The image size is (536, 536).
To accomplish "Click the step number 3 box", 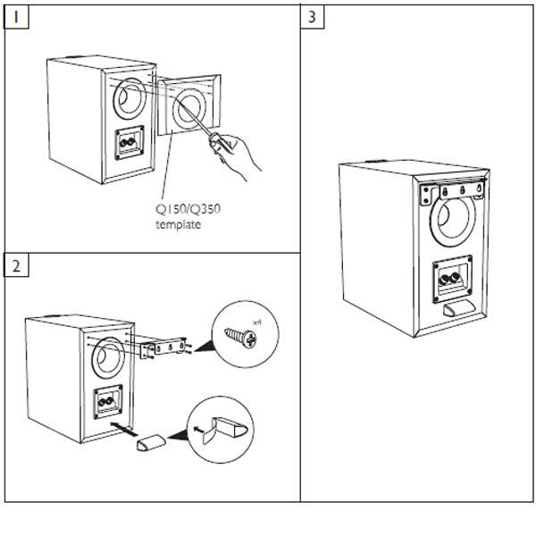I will (x=312, y=17).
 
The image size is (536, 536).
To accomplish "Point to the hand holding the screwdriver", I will (x=239, y=153).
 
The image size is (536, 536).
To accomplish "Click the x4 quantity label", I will (x=256, y=320).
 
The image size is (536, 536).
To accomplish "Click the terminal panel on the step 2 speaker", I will (x=105, y=401).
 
